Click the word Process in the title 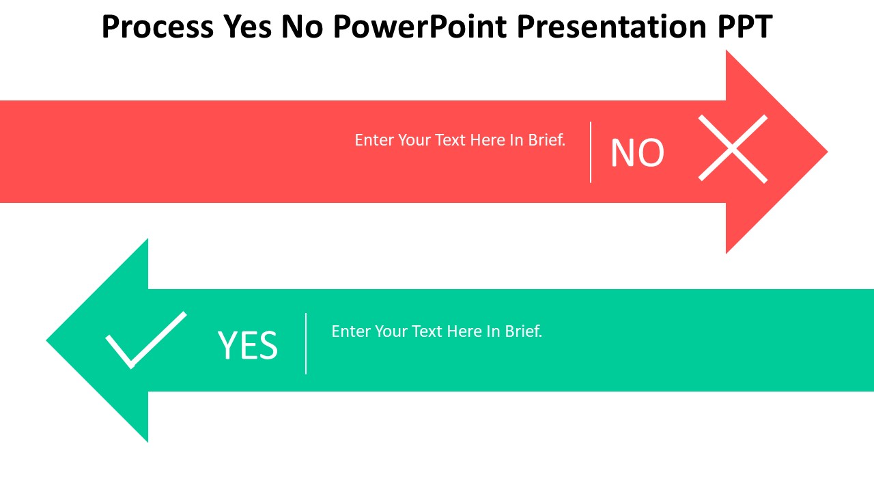coord(157,27)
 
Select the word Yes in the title coord(247,27)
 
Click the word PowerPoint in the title coord(420,27)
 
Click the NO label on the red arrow coord(637,153)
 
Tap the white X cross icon coord(733,148)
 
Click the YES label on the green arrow coord(248,345)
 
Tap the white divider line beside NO coord(591,152)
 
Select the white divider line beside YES coord(306,344)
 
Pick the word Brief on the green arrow coord(523,331)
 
